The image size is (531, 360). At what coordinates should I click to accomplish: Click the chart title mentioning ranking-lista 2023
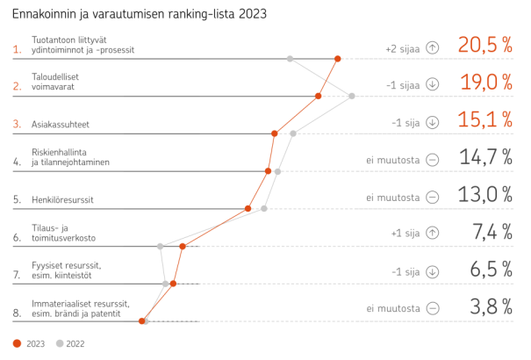(140, 14)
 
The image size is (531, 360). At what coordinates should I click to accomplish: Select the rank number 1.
(18, 50)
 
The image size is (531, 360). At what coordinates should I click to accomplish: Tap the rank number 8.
(18, 312)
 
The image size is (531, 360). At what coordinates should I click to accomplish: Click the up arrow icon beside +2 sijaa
(432, 49)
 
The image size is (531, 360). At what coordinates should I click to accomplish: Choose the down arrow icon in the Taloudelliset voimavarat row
(432, 85)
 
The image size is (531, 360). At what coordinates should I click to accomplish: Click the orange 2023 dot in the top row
(338, 59)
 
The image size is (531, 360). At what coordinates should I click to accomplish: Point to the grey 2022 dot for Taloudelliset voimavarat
(352, 97)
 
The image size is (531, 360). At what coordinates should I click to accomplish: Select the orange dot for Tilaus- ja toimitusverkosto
(183, 247)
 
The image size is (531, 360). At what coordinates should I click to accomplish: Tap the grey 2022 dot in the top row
(290, 59)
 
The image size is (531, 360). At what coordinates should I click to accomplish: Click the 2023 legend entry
(30, 343)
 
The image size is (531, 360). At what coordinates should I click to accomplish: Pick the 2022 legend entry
(70, 343)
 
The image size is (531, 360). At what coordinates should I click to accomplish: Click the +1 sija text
(405, 234)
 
